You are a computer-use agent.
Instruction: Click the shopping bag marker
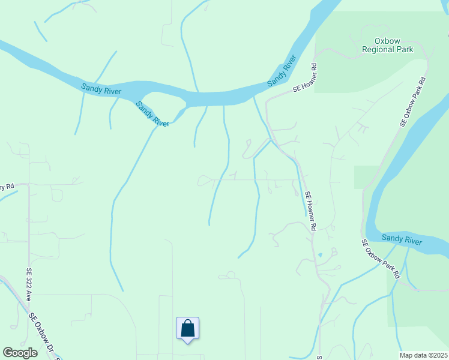pyautogui.click(x=187, y=329)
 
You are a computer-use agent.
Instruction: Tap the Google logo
pyautogui.click(x=20, y=353)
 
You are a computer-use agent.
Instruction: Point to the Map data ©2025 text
pyautogui.click(x=423, y=355)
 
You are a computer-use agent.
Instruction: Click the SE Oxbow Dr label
pyautogui.click(x=44, y=337)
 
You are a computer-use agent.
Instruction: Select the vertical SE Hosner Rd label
pyautogui.click(x=310, y=211)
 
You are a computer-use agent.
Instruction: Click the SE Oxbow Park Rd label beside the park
pyautogui.click(x=414, y=101)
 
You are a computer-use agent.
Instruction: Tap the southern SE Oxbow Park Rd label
pyautogui.click(x=381, y=259)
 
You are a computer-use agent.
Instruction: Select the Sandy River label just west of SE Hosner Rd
pyautogui.click(x=282, y=71)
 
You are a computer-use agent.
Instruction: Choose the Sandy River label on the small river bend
pyautogui.click(x=152, y=113)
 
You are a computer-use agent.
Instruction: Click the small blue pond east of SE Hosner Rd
pyautogui.click(x=320, y=255)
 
